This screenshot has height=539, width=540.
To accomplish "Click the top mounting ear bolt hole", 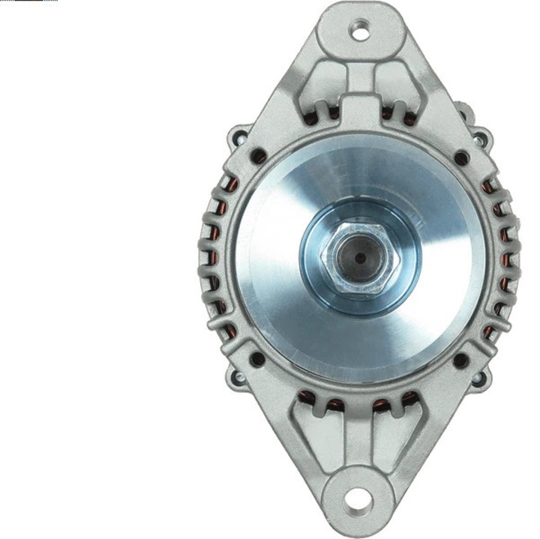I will click(x=361, y=31).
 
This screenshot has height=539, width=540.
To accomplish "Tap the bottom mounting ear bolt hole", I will click(x=359, y=497).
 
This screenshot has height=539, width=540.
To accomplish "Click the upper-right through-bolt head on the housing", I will click(x=480, y=137).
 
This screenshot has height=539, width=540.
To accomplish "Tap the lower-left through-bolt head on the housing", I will click(x=238, y=376).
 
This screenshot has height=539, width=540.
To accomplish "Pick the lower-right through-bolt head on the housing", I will click(x=481, y=376).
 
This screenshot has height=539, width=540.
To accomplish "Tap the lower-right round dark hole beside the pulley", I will click(x=461, y=360).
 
